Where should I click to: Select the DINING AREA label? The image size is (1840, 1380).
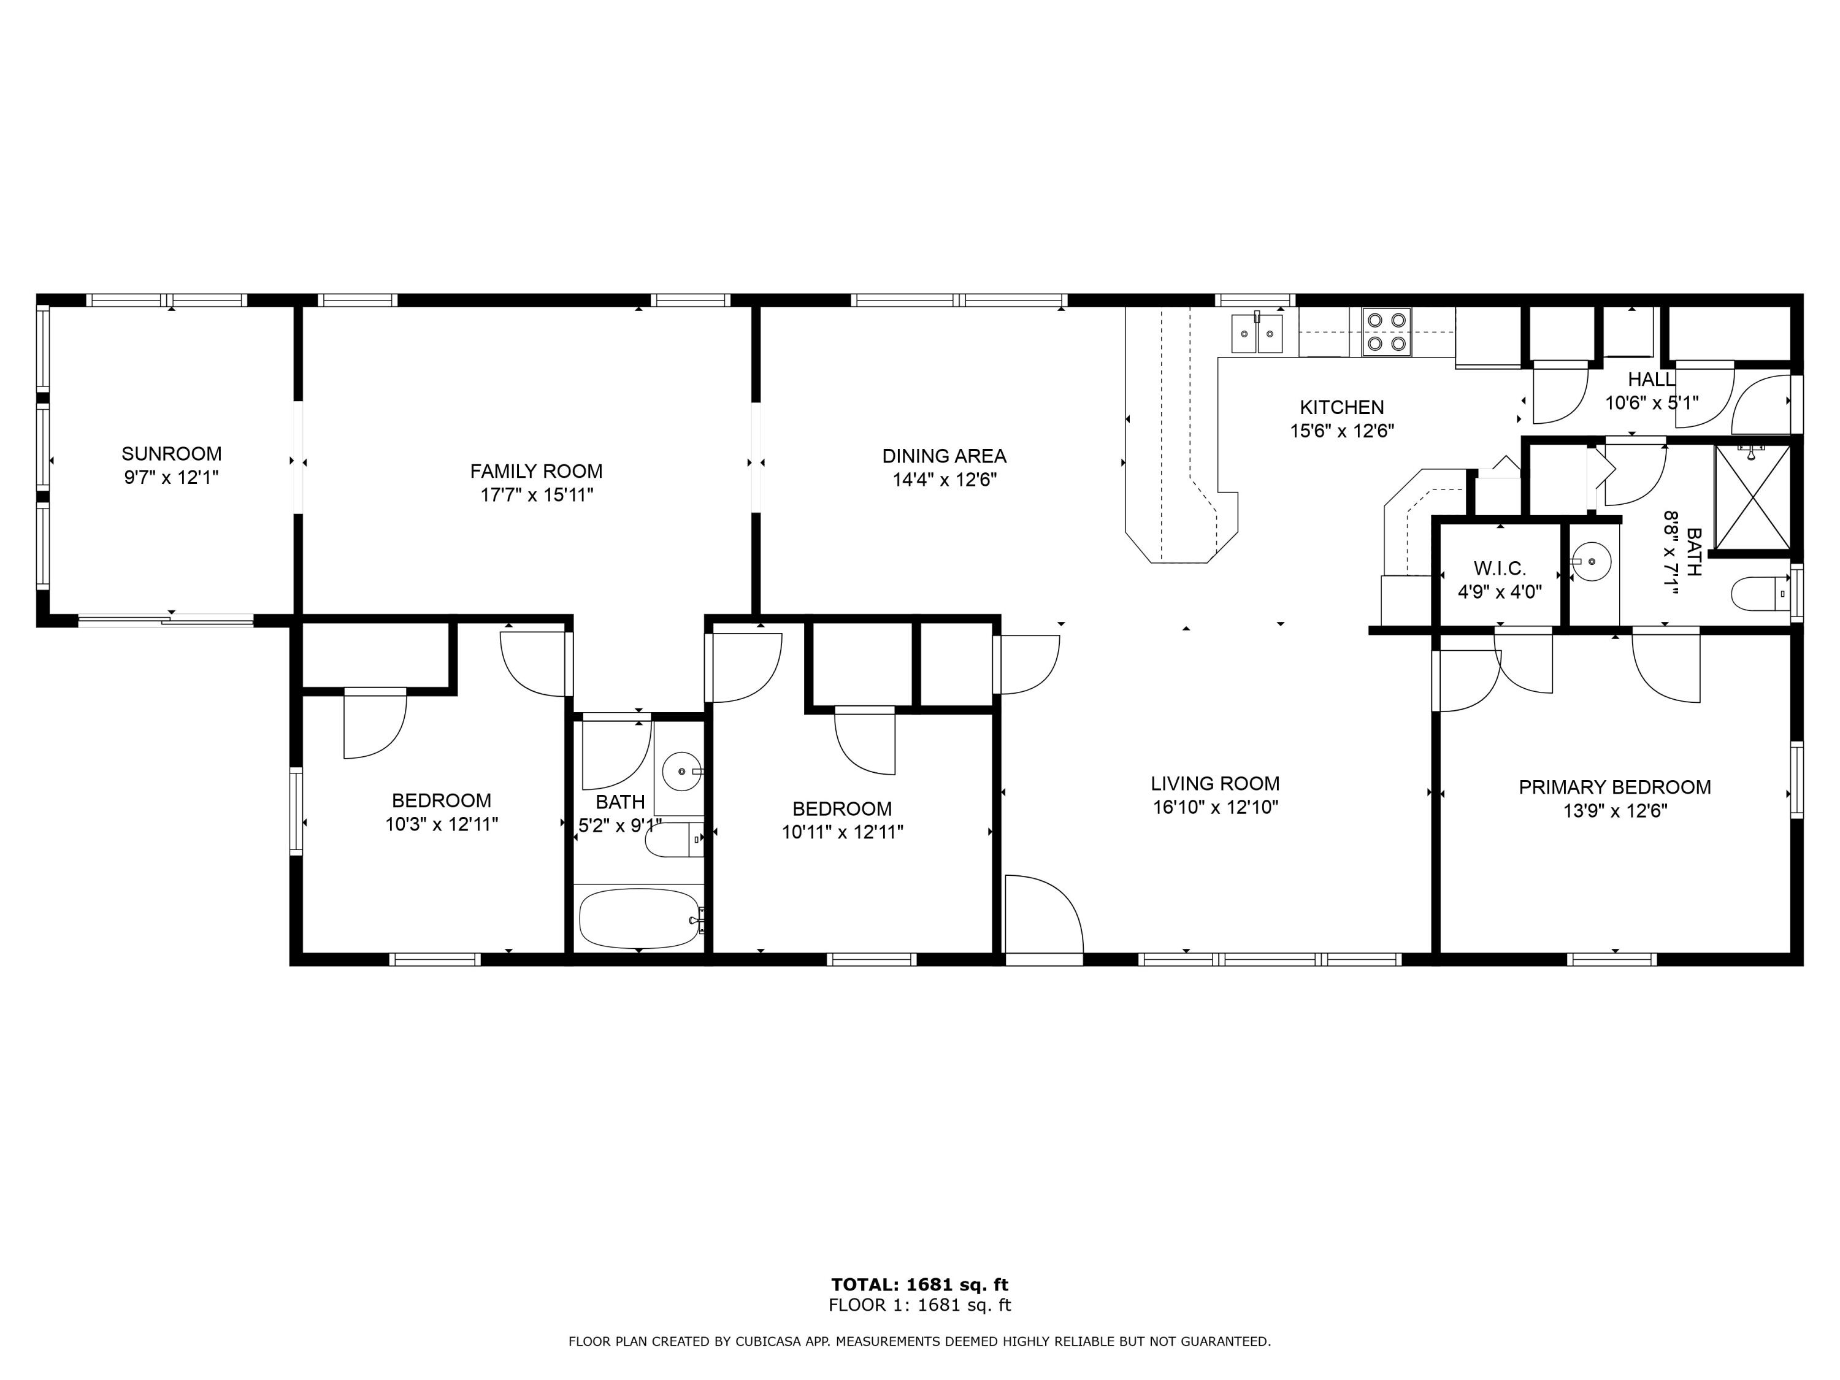click(x=944, y=456)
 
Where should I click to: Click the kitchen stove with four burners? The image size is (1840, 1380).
click(x=1386, y=332)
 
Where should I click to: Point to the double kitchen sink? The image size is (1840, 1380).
click(x=1256, y=334)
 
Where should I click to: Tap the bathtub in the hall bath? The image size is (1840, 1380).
click(x=639, y=918)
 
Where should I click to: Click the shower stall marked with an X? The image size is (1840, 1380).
click(x=1752, y=500)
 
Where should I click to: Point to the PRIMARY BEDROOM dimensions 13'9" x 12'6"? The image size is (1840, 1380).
click(x=1614, y=811)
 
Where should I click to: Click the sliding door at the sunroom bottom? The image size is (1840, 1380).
click(x=166, y=619)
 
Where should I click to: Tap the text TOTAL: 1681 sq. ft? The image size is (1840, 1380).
click(x=919, y=1284)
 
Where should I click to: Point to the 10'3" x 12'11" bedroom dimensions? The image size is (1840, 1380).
click(x=442, y=824)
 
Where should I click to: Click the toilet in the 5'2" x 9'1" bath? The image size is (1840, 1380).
click(x=674, y=840)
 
